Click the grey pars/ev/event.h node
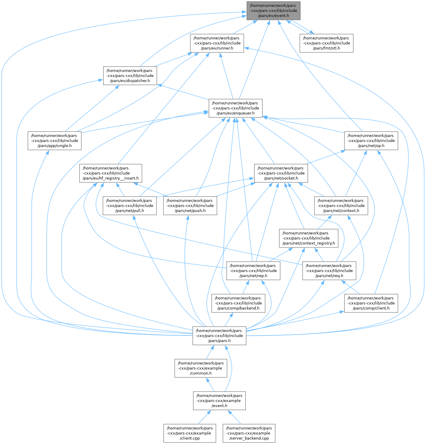(273, 11)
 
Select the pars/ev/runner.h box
(217, 43)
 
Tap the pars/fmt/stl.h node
(326, 43)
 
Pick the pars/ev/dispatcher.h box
(130, 76)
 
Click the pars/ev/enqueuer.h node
(235, 108)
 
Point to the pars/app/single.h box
(55, 141)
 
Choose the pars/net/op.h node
(371, 141)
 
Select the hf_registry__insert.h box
(110, 173)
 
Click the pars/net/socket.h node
(281, 173)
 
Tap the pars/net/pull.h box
(130, 206)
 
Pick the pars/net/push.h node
(190, 206)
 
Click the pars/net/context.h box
(341, 206)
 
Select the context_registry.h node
(309, 238)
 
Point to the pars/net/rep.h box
(253, 271)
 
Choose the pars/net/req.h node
(329, 271)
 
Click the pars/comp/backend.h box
(238, 303)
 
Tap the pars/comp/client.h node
(371, 303)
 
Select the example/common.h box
(201, 368)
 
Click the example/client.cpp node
(190, 433)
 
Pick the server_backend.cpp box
(249, 433)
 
